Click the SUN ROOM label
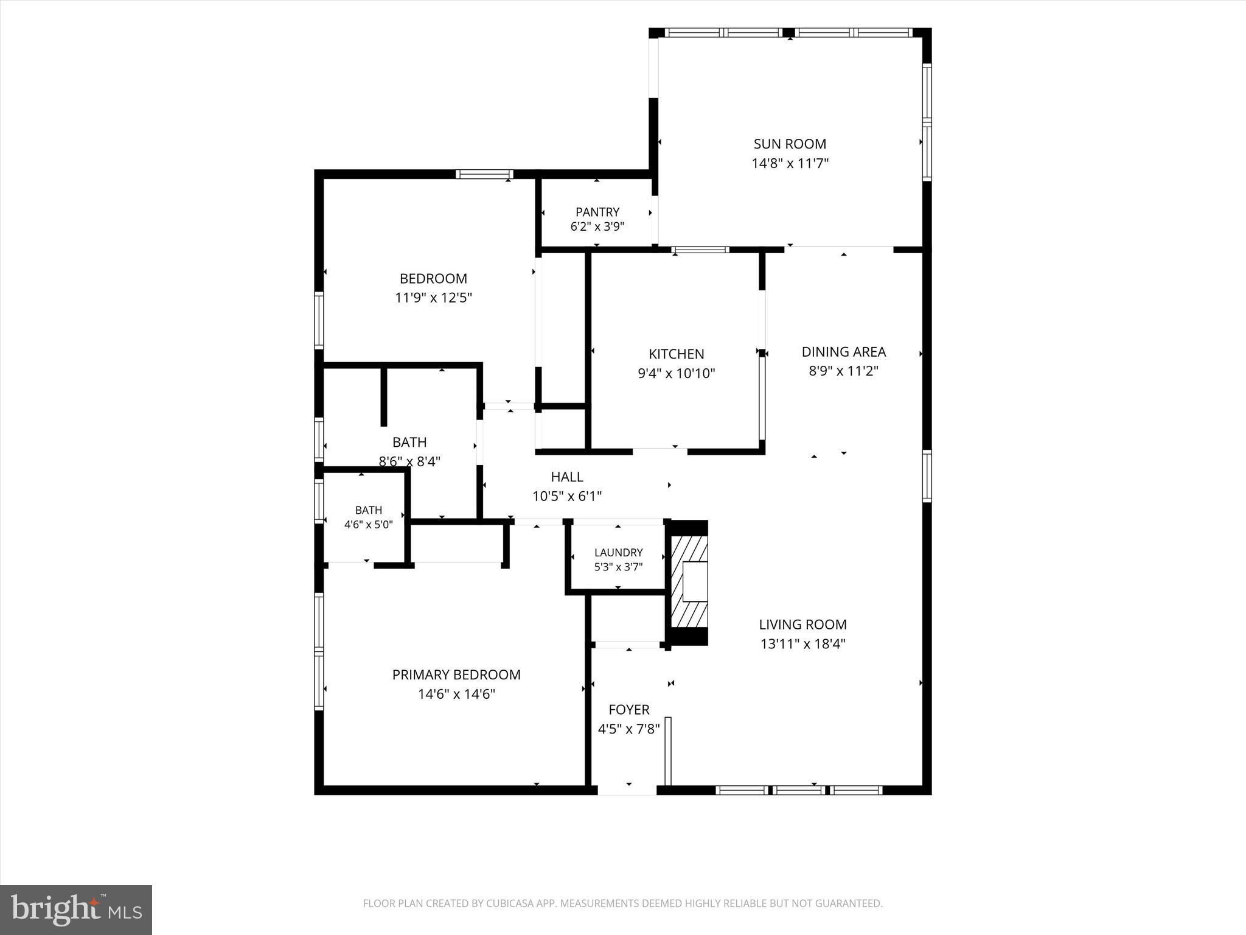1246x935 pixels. coord(790,144)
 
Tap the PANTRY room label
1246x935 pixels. coord(597,212)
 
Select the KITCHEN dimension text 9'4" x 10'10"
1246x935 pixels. coord(676,373)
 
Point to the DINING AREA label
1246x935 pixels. coord(843,351)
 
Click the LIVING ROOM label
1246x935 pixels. coord(802,624)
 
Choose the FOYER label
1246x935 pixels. coord(629,709)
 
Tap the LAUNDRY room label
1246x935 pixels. coord(618,552)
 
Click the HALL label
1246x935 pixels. coord(567,477)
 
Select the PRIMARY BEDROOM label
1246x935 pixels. coord(456,674)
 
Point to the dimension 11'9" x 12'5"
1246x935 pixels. coord(433,298)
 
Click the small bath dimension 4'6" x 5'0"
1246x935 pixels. coord(369,524)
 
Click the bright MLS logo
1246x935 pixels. coord(76,909)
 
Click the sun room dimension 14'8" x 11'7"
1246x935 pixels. coord(790,163)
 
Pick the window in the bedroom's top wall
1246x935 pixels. coord(484,174)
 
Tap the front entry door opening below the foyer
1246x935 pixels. coord(627,790)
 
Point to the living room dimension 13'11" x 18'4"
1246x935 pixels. coord(802,643)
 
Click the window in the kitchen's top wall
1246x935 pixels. coord(700,249)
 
